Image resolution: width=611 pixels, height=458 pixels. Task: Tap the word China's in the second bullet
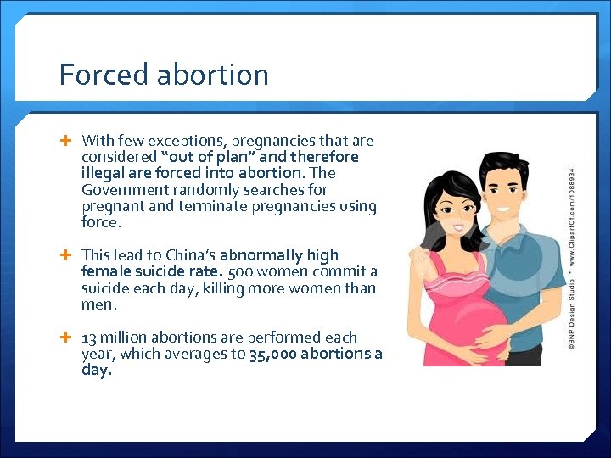(186, 255)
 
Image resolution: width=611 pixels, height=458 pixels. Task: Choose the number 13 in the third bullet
(89, 338)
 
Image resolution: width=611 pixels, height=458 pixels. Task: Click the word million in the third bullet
(125, 338)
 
